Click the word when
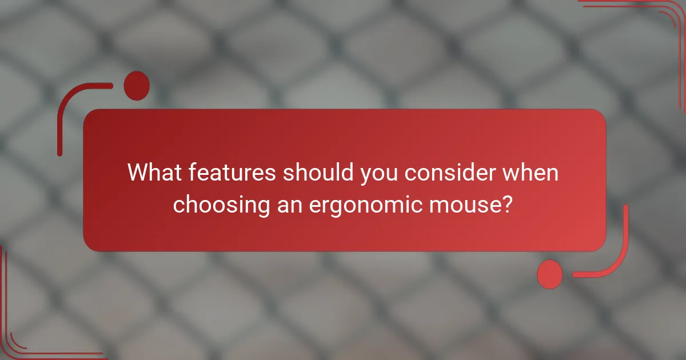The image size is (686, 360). point(531,173)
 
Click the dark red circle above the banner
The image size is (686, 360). point(137,86)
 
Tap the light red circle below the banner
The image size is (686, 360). point(550,274)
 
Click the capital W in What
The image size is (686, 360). point(139,173)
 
